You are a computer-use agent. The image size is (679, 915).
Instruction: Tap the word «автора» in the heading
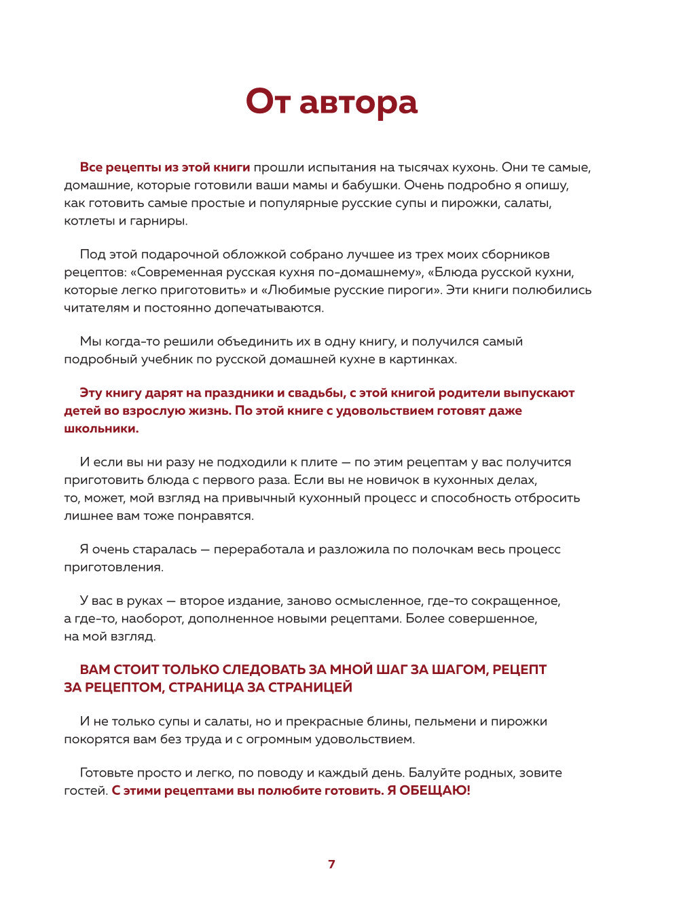coord(358,103)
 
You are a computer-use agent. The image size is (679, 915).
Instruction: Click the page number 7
coord(331,864)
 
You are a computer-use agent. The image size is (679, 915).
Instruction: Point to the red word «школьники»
coord(101,428)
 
